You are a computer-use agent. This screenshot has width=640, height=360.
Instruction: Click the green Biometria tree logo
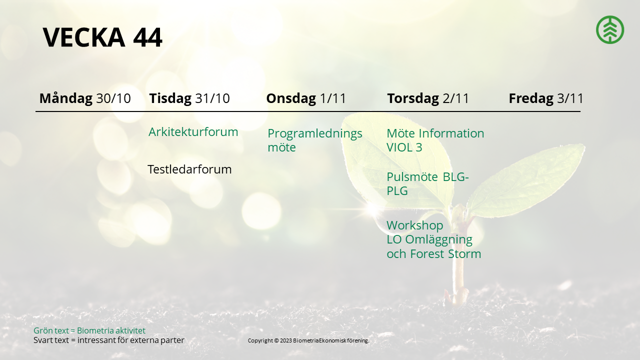[610, 29]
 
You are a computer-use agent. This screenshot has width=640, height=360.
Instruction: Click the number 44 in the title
[147, 37]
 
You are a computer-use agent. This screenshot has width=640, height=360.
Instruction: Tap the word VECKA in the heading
[84, 37]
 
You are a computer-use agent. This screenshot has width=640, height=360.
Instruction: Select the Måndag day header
[66, 98]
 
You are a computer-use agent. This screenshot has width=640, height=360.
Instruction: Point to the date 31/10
[212, 98]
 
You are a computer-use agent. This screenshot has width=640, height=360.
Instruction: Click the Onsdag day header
[291, 98]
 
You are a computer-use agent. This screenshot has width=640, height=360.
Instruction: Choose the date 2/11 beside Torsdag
[455, 98]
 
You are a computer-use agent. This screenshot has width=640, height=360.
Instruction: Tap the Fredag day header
[531, 98]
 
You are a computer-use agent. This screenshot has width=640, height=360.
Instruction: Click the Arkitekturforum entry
[193, 132]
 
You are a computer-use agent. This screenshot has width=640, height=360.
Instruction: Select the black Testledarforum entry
[189, 169]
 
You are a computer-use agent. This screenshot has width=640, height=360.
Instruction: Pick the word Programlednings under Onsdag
[315, 133]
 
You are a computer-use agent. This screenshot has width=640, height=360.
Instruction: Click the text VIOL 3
[404, 147]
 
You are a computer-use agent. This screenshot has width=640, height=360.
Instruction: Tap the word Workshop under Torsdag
[415, 225]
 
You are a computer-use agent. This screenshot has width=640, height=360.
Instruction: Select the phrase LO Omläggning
[429, 239]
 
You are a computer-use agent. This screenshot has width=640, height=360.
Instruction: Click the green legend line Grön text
[89, 330]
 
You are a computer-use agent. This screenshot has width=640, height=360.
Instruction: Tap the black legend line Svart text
[109, 340]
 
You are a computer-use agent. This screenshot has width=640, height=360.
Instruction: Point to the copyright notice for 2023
[308, 340]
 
